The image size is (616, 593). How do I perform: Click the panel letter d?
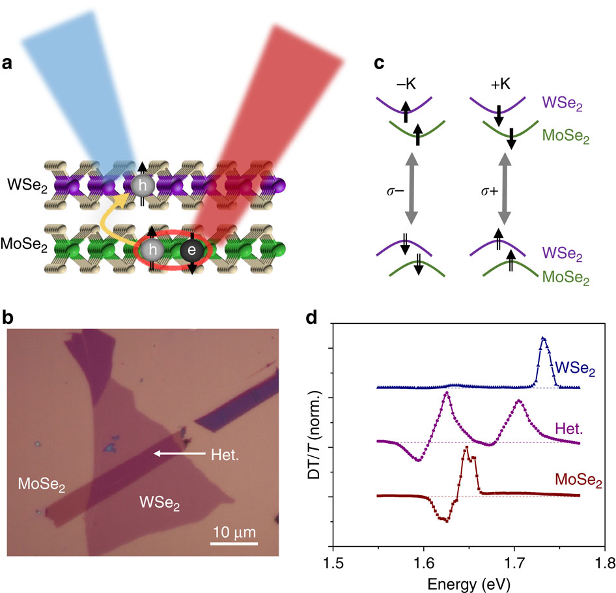[x=313, y=319]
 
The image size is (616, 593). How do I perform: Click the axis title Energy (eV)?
[x=469, y=582]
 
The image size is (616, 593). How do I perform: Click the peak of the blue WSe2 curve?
[x=543, y=338]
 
